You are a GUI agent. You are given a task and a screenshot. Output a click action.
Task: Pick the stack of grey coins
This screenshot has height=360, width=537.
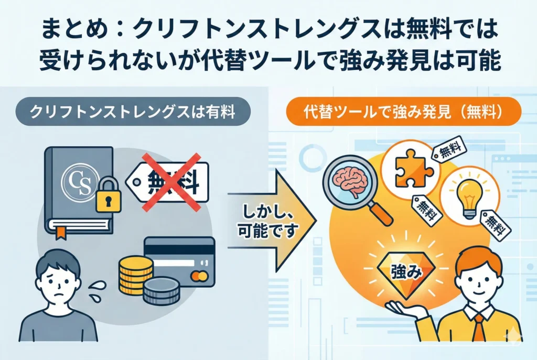pos(161,292)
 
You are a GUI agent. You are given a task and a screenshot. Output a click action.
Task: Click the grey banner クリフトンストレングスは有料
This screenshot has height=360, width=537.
pos(133,112)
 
